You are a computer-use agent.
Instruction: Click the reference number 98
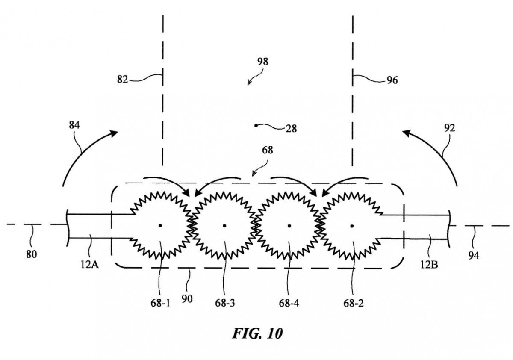click(x=263, y=61)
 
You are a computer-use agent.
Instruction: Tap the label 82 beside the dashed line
click(x=123, y=79)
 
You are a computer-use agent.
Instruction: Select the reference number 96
click(x=392, y=80)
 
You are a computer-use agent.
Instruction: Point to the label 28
click(x=292, y=128)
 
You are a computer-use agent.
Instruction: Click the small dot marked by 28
click(x=256, y=125)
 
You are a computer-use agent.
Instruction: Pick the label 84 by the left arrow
click(x=74, y=125)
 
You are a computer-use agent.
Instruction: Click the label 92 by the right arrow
click(x=450, y=127)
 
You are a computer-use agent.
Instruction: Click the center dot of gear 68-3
click(x=224, y=225)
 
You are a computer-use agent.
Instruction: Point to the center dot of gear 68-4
click(x=289, y=225)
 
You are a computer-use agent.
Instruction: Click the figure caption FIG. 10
click(x=257, y=333)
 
